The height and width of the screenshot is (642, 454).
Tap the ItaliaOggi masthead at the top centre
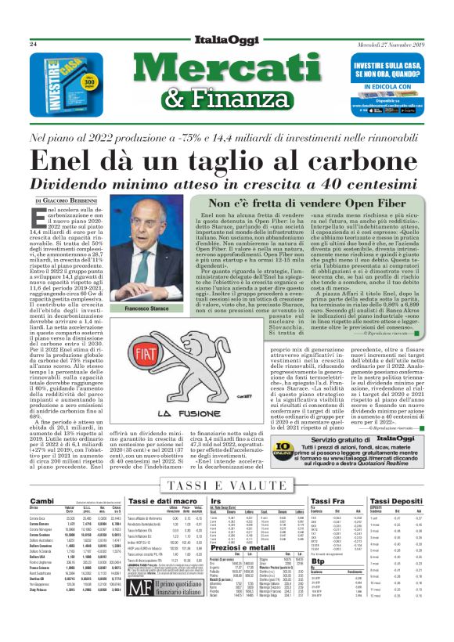point(226,43)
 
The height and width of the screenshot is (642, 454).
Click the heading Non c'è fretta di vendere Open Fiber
point(310,202)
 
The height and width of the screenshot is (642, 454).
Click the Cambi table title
point(41,500)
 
